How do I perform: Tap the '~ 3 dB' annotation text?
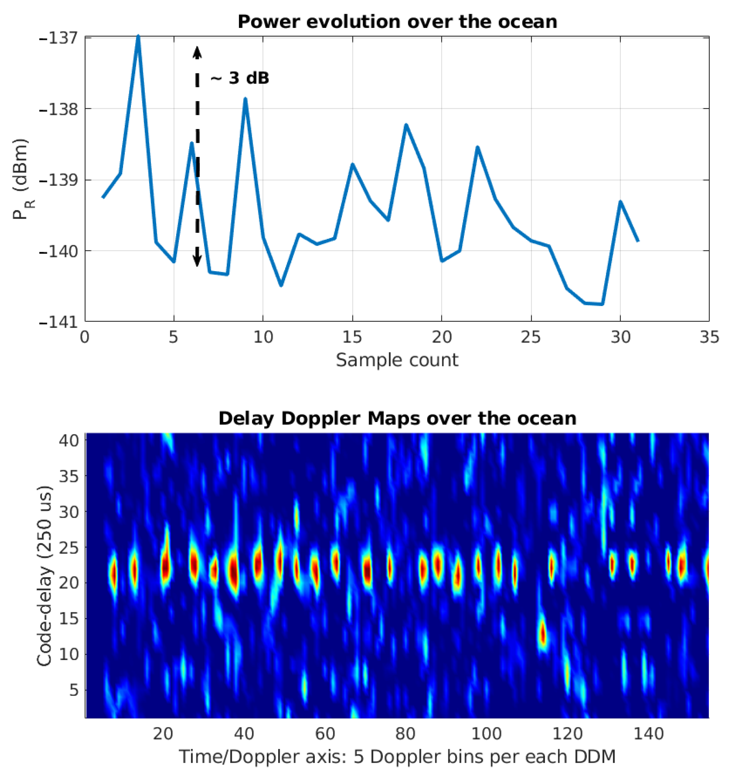point(240,78)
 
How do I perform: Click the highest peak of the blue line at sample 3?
point(138,37)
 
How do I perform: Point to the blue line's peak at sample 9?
point(245,99)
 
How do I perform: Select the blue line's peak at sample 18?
point(406,125)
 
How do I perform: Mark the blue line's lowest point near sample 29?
point(602,304)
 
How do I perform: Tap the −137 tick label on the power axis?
point(59,38)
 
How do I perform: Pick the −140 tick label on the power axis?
point(59,251)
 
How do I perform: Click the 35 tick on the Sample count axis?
point(709,337)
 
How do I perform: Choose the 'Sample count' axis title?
point(397,360)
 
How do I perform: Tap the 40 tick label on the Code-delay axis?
point(68,440)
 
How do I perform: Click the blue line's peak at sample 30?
point(620,202)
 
